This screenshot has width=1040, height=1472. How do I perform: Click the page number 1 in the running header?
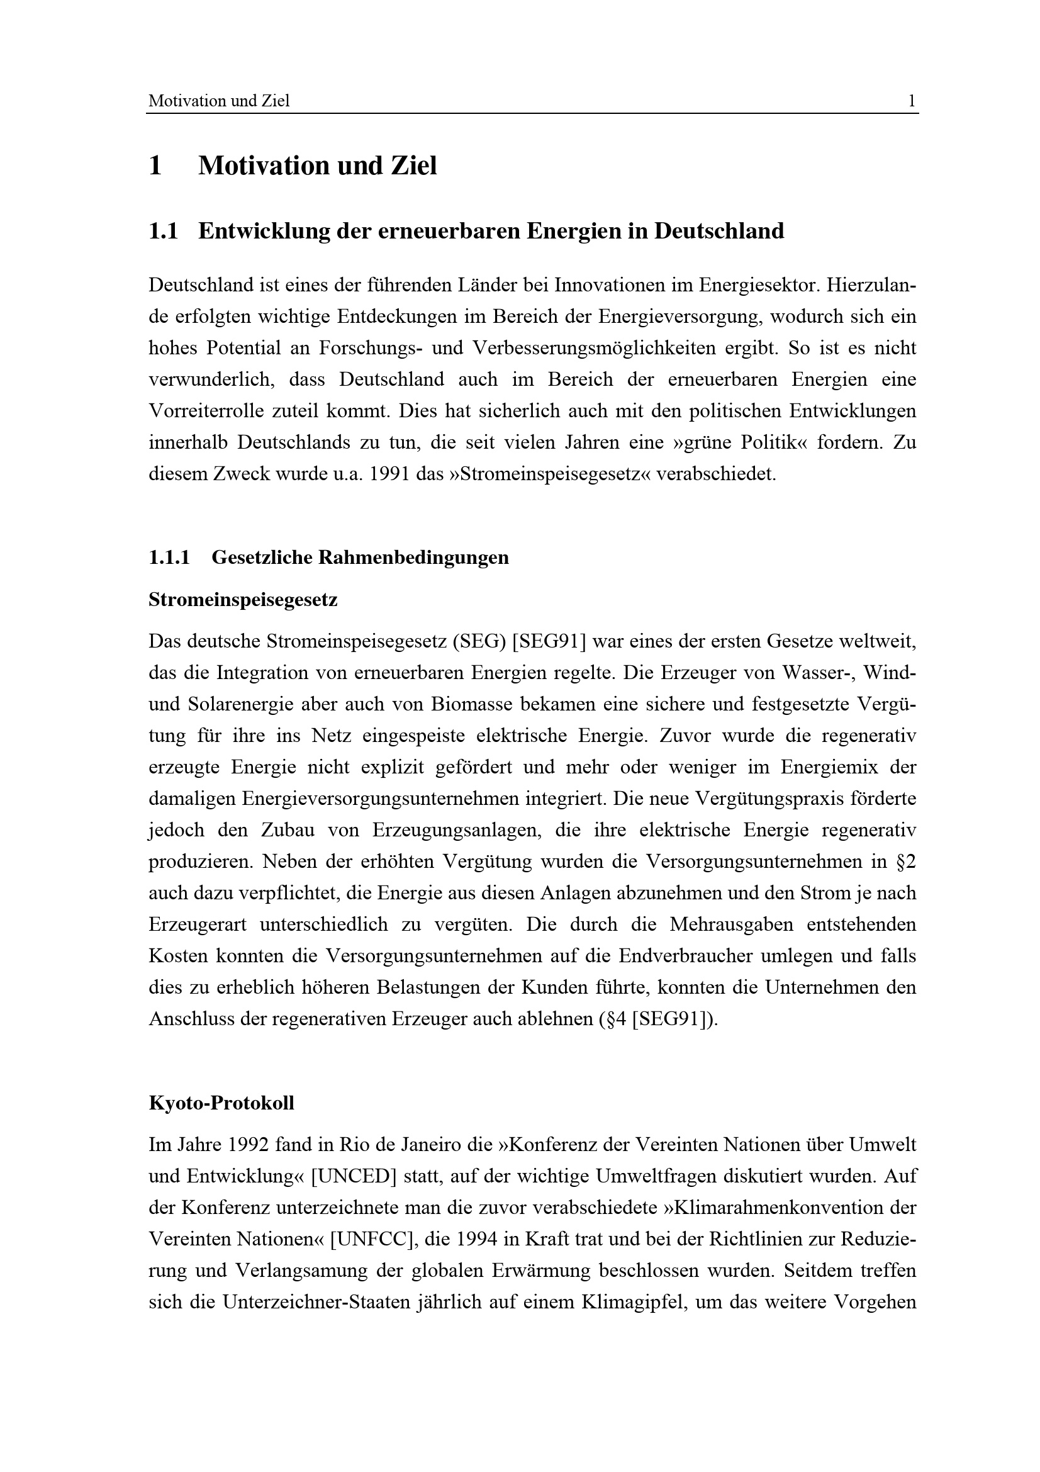[911, 101]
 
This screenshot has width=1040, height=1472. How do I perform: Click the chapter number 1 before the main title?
[155, 166]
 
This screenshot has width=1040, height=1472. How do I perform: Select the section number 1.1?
[163, 231]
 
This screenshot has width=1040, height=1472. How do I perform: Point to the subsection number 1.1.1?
[169, 557]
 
